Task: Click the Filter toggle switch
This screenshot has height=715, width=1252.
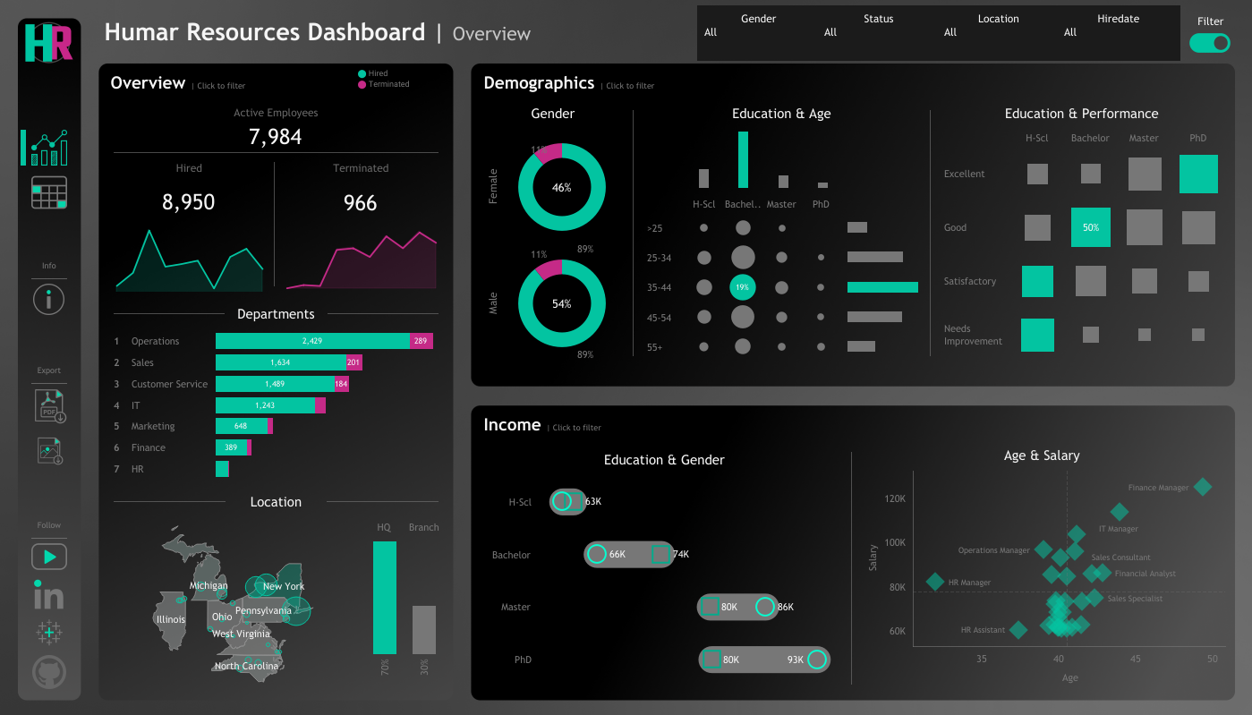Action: [x=1209, y=43]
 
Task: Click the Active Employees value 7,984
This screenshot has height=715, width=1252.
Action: [x=275, y=137]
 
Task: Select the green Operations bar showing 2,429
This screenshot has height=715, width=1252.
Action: [x=312, y=341]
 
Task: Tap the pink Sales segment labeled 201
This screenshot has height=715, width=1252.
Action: [x=354, y=362]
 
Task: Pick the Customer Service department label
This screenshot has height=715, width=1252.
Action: [x=169, y=384]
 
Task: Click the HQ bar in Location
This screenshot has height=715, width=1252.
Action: [x=384, y=598]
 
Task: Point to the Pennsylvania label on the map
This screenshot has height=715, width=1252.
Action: [x=263, y=610]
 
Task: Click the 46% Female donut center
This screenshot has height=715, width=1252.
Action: [x=561, y=188]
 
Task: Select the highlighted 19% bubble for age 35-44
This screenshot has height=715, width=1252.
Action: [x=742, y=287]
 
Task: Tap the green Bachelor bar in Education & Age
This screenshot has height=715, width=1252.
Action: [x=743, y=159]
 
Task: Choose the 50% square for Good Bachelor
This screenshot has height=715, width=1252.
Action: [x=1090, y=227]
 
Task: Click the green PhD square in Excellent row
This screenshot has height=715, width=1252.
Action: [x=1198, y=174]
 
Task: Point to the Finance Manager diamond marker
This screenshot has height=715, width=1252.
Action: [x=1202, y=487]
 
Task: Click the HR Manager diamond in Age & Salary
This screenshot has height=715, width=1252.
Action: [x=935, y=582]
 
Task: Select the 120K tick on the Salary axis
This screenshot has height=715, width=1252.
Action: [x=895, y=498]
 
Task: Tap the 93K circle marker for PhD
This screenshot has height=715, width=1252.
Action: [x=816, y=660]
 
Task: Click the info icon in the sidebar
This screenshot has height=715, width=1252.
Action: [x=48, y=300]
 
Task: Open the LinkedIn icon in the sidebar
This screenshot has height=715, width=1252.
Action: [x=48, y=594]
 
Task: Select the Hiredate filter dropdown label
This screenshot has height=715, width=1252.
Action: [x=1118, y=19]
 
